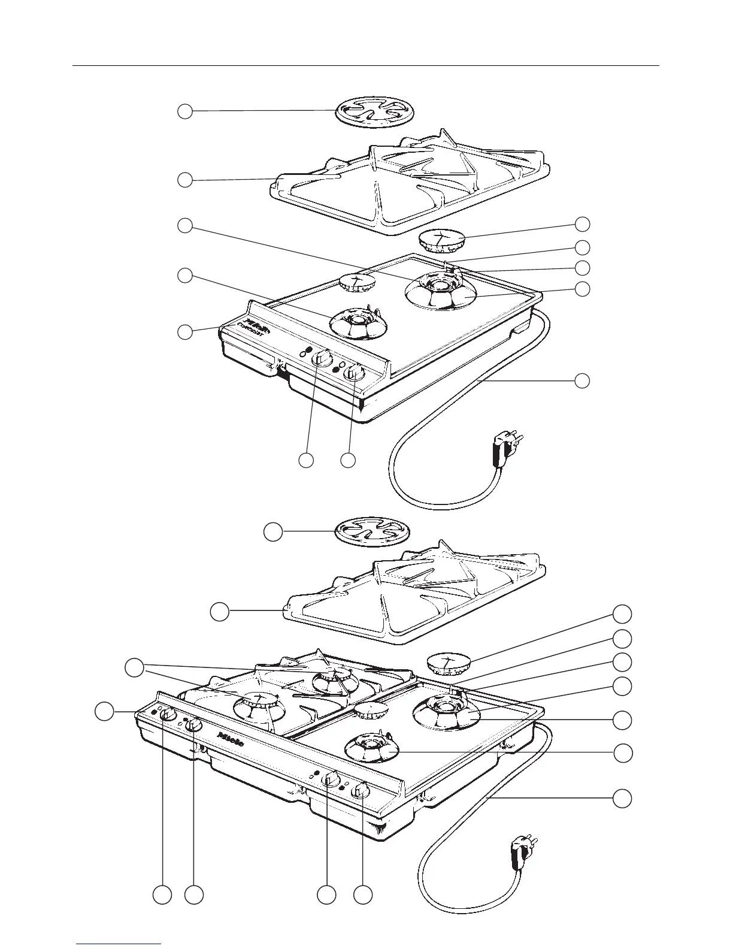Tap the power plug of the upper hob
pos(504,447)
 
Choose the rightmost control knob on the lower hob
pos(362,791)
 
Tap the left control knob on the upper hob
pos(322,358)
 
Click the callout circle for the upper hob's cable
pos(582,380)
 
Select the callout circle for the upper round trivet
pos(185,111)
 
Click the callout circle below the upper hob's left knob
pos(306,460)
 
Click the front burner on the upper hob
pos(358,324)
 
